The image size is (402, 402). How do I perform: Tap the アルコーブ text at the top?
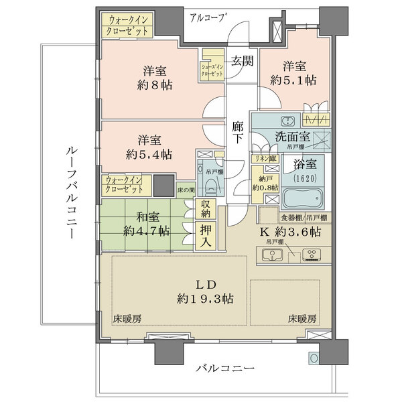click(x=208, y=17)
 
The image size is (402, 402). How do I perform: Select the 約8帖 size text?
click(x=154, y=85)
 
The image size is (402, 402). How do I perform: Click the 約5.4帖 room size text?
click(x=148, y=154)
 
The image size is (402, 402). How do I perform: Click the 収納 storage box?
click(x=206, y=210)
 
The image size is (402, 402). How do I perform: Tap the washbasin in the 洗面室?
click(x=286, y=121)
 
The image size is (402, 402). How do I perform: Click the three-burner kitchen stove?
click(x=312, y=255)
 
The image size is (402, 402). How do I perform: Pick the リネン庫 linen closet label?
click(x=262, y=158)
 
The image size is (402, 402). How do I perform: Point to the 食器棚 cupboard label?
click(x=291, y=218)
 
